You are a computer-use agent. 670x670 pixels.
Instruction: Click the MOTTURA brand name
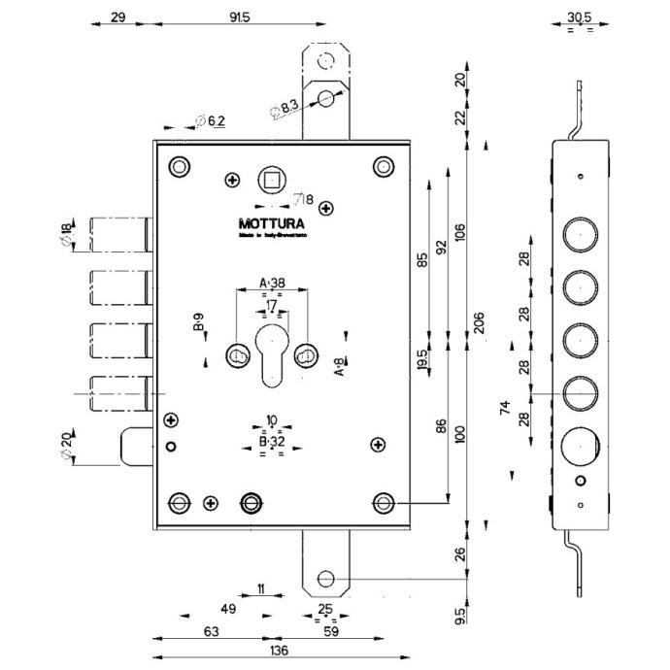pos(273,222)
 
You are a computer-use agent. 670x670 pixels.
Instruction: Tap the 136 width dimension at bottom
pos(279,650)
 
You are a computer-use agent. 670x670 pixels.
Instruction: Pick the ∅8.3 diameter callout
pos(285,108)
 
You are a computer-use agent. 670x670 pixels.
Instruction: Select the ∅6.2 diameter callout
pos(211,120)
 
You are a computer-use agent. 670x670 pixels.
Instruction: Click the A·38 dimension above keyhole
pos(272,283)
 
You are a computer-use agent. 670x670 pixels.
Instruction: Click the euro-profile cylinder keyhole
pos(271,352)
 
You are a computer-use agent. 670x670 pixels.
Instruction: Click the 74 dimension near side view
pos(505,408)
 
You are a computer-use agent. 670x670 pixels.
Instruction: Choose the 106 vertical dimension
pos(460,233)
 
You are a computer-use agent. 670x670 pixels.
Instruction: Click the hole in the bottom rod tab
pos(326,580)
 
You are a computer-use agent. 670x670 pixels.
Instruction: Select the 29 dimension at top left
pos(117,17)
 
